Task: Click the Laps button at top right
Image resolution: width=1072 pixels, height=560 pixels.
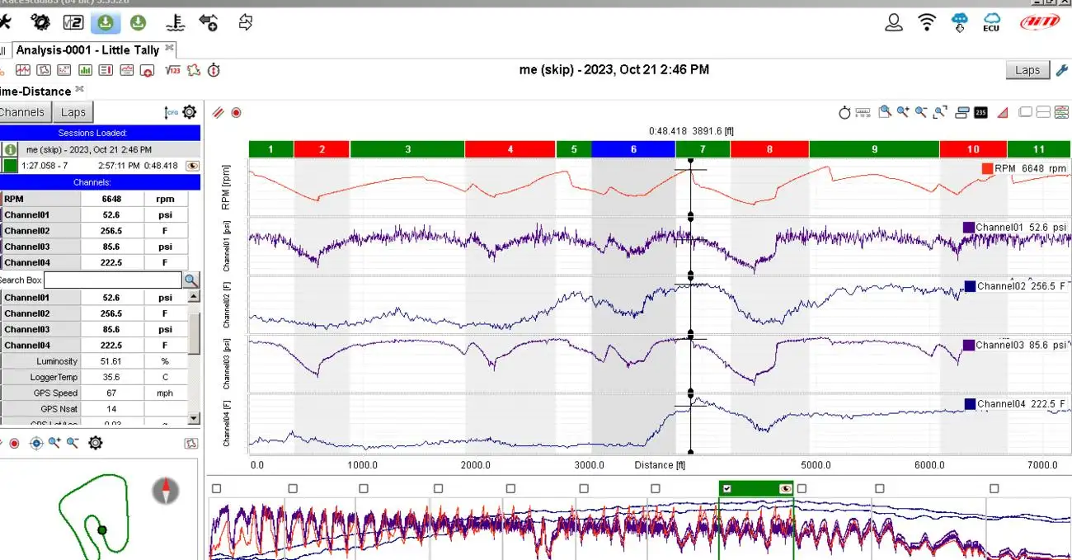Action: (x=1027, y=70)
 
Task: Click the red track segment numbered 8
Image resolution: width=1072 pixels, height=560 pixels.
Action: (x=769, y=149)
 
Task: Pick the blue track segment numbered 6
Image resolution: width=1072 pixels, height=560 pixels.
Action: (x=633, y=149)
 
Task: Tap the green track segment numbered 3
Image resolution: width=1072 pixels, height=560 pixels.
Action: (x=407, y=149)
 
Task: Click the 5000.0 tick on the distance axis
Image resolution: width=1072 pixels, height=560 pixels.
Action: (x=816, y=465)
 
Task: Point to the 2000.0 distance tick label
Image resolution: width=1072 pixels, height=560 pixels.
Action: (x=476, y=465)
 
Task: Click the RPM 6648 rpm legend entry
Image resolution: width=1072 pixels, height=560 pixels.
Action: (x=1023, y=168)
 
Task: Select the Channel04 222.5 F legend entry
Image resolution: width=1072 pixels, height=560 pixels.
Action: (x=1015, y=404)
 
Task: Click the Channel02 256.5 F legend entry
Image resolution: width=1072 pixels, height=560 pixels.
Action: (x=1015, y=286)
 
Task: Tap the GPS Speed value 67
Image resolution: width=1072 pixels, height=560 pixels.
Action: (x=111, y=393)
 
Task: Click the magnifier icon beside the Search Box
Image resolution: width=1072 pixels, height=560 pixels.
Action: (x=191, y=280)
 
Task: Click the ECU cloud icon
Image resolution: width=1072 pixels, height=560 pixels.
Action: (x=991, y=22)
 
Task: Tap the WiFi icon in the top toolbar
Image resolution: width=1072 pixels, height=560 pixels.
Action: (x=928, y=22)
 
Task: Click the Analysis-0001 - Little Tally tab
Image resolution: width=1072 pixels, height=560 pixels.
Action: (x=87, y=49)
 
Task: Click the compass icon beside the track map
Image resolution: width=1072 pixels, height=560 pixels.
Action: (x=166, y=492)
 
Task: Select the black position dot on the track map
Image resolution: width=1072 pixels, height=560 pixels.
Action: (x=102, y=530)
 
